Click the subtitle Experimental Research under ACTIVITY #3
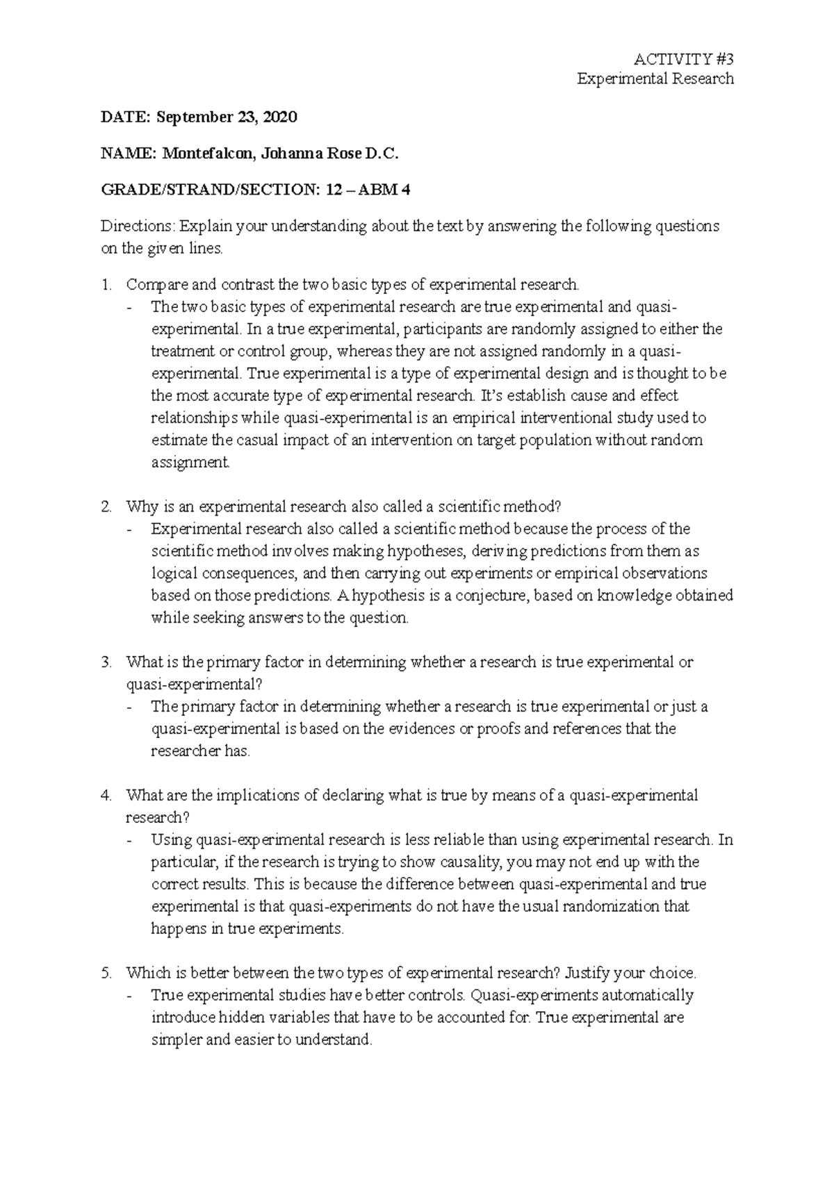pyautogui.click(x=655, y=79)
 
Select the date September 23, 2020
pyautogui.click(x=227, y=117)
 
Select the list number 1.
pyautogui.click(x=105, y=284)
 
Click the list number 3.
pyautogui.click(x=105, y=662)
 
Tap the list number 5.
pyautogui.click(x=105, y=973)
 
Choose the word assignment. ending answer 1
pyautogui.click(x=190, y=462)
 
